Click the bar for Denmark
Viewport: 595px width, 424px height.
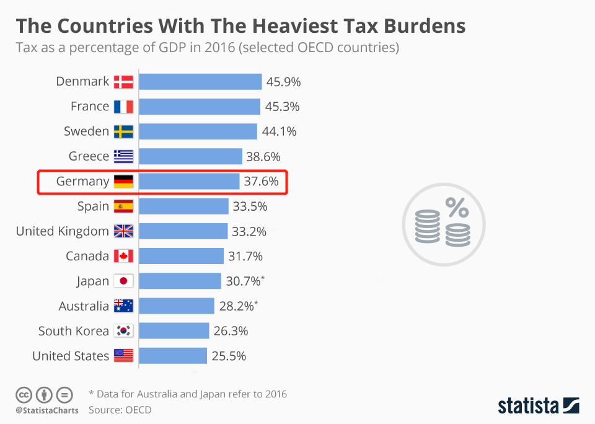click(200, 82)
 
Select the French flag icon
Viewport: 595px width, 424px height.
click(123, 107)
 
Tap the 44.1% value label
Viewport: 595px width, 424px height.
click(281, 131)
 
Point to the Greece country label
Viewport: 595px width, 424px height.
click(89, 156)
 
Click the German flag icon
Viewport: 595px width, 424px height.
click(123, 182)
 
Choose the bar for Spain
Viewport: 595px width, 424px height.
click(183, 206)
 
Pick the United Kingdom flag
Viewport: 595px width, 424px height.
click(123, 231)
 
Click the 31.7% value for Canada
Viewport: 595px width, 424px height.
click(247, 256)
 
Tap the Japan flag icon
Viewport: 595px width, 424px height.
click(123, 281)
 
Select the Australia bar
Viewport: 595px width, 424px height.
click(177, 306)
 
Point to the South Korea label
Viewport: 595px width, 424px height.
click(73, 331)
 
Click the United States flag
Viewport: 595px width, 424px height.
click(123, 356)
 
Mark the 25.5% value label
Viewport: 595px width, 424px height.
click(230, 356)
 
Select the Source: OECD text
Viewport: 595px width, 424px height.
click(120, 410)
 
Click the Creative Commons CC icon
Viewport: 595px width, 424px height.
click(24, 394)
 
